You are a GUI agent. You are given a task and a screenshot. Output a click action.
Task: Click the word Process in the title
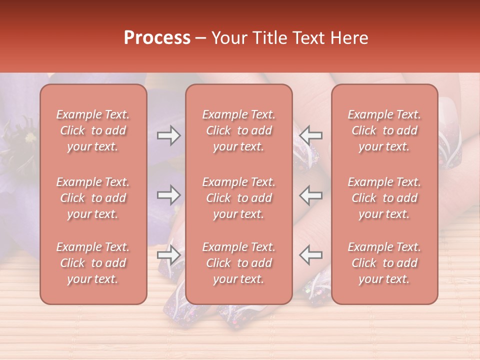(x=157, y=38)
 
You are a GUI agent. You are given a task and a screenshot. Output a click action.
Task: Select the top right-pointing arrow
(x=169, y=135)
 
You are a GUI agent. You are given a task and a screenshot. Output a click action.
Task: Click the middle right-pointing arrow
(x=169, y=195)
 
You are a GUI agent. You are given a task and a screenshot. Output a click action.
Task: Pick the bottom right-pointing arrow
(x=169, y=255)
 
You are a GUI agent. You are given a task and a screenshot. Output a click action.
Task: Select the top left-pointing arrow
(x=311, y=135)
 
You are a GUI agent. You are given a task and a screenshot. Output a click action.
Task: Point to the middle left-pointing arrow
(x=311, y=195)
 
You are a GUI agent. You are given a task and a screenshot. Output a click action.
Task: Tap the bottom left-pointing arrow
(x=311, y=255)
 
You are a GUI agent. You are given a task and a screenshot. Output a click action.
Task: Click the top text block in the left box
(x=93, y=131)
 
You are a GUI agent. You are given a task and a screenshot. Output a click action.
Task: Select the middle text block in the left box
(x=93, y=198)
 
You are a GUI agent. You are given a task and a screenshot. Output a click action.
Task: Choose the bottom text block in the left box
(x=93, y=263)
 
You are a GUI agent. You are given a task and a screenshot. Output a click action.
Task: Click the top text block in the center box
(x=238, y=131)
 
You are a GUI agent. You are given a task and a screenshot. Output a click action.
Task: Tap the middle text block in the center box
(x=238, y=198)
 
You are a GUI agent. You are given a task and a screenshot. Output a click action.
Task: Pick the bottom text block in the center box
(x=238, y=263)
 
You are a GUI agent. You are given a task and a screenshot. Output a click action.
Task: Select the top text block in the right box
(x=384, y=131)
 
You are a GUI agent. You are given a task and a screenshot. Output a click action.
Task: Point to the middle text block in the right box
(x=384, y=198)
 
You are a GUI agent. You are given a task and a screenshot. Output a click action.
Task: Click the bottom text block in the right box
(x=384, y=263)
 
